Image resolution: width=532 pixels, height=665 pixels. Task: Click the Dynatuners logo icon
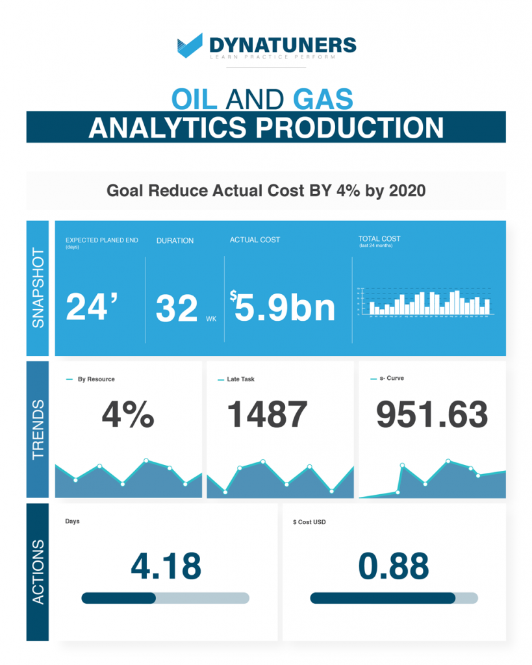[190, 46]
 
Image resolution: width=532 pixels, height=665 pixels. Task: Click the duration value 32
[177, 308]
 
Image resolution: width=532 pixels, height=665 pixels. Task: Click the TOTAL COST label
[379, 239]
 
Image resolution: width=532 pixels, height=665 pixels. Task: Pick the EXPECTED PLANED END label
[101, 240]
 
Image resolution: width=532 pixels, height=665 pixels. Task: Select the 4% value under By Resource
[127, 414]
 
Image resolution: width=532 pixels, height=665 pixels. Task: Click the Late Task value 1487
[267, 414]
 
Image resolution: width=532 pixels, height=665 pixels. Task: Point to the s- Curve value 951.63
[432, 414]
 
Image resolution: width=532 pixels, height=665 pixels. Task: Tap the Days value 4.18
[166, 566]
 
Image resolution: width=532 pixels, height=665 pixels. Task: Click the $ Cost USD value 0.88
[394, 566]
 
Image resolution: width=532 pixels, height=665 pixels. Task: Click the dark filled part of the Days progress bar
[118, 598]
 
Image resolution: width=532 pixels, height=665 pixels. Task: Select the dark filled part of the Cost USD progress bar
[383, 598]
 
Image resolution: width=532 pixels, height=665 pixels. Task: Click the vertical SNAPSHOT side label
[38, 288]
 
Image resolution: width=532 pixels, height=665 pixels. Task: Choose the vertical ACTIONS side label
[38, 571]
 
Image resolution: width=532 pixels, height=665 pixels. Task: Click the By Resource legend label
[95, 379]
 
